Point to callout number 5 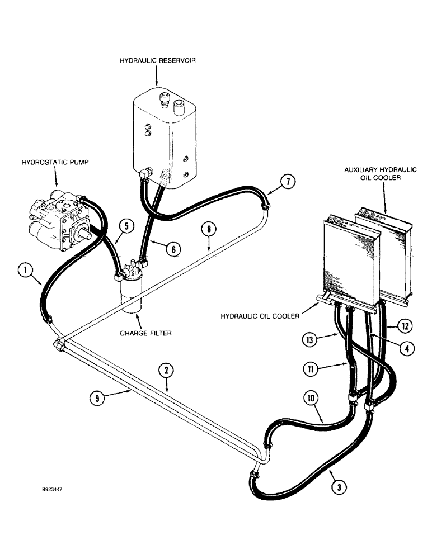(126, 226)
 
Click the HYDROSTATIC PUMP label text (56, 162)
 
